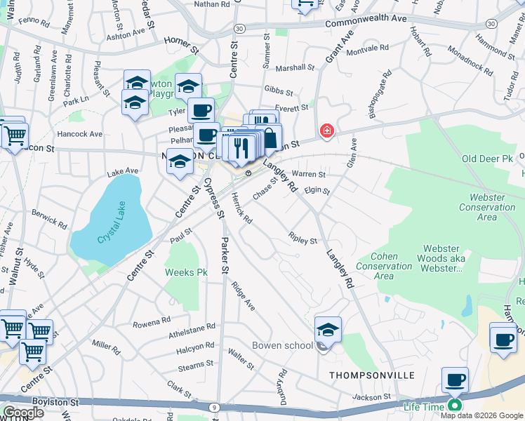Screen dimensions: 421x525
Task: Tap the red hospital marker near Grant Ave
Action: pyautogui.click(x=326, y=131)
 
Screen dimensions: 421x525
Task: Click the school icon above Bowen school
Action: pyautogui.click(x=328, y=329)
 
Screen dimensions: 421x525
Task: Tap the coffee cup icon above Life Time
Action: pyautogui.click(x=455, y=380)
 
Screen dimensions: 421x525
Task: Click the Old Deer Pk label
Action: pyautogui.click(x=489, y=160)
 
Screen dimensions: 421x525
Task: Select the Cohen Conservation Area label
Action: pyautogui.click(x=384, y=267)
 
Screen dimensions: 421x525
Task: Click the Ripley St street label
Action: pyautogui.click(x=303, y=239)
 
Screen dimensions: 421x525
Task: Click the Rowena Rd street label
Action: pyautogui.click(x=152, y=322)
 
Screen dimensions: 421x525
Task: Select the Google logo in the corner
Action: pyautogui.click(x=24, y=413)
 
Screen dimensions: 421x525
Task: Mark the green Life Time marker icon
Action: pyautogui.click(x=455, y=405)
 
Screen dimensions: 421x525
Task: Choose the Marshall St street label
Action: pyautogui.click(x=295, y=68)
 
